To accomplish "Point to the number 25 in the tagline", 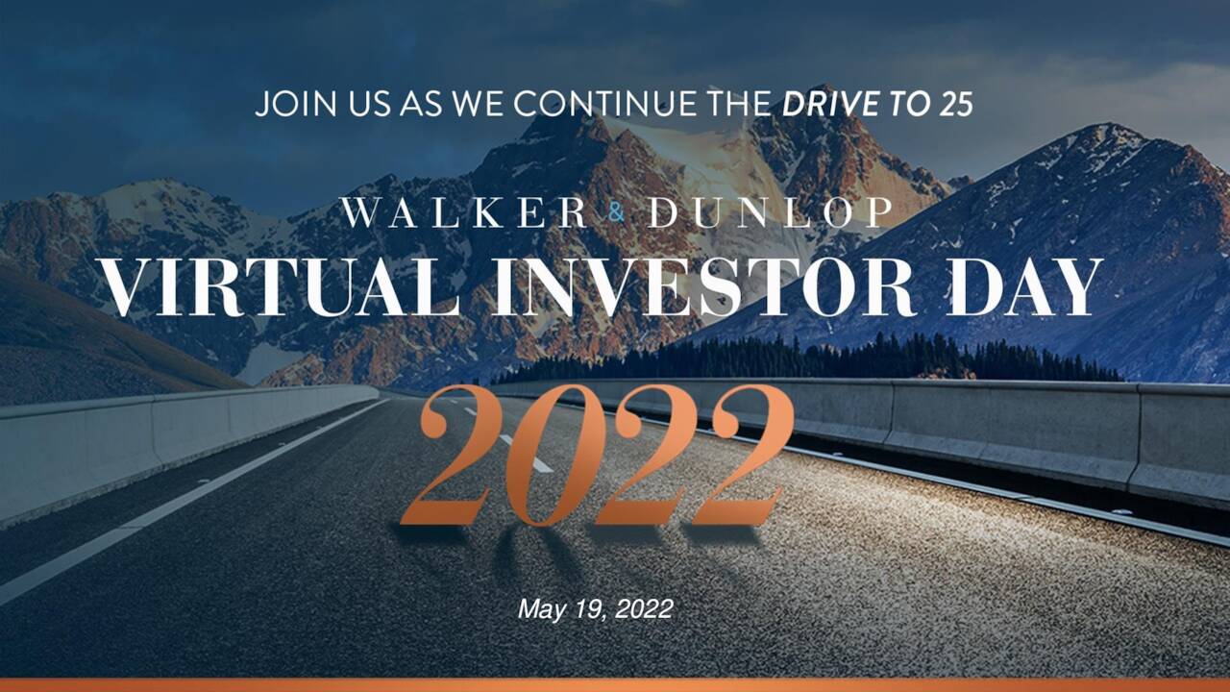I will pyautogui.click(x=955, y=104).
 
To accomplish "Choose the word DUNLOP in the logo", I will pyautogui.click(x=769, y=213).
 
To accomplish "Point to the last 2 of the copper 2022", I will pyautogui.click(x=738, y=457).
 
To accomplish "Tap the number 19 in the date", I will pyautogui.click(x=586, y=608).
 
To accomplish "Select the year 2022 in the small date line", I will pyautogui.click(x=644, y=608).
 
